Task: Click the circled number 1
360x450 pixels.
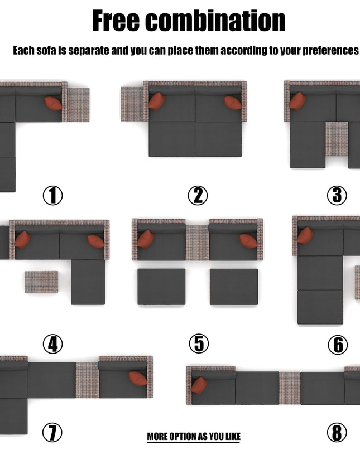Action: (52, 195)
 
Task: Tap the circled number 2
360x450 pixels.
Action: (198, 195)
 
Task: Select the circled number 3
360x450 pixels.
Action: (337, 195)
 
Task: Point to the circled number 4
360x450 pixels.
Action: (52, 344)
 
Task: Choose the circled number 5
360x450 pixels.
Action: (199, 344)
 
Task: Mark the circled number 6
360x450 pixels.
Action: (338, 345)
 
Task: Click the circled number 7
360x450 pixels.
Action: (52, 432)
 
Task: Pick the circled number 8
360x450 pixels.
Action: (337, 432)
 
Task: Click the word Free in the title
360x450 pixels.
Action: (116, 21)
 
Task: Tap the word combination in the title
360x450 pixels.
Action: (215, 21)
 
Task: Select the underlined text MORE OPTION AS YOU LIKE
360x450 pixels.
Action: (194, 437)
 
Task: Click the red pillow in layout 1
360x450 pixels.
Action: (53, 103)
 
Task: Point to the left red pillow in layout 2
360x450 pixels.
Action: (157, 101)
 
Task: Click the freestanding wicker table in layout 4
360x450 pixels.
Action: (41, 282)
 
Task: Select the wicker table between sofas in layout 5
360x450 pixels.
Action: (197, 243)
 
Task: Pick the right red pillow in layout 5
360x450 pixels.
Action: (248, 240)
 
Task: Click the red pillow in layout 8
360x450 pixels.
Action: (199, 385)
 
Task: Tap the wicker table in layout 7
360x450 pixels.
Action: (87, 380)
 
